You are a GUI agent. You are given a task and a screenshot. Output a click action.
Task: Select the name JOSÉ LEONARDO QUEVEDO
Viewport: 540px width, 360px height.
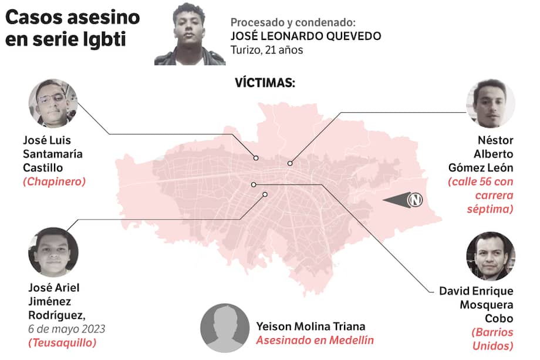point(306,36)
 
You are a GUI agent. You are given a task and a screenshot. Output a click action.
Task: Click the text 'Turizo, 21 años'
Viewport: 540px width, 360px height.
point(266,50)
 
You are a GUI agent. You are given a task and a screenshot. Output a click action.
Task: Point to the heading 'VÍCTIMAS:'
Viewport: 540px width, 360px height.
point(265,83)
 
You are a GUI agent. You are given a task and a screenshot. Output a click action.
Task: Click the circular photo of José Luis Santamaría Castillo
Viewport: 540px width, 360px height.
point(53,103)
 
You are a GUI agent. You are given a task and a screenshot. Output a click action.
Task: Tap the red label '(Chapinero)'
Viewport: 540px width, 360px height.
point(54,181)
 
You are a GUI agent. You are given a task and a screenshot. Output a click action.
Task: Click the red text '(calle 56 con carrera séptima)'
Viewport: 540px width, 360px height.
point(480,196)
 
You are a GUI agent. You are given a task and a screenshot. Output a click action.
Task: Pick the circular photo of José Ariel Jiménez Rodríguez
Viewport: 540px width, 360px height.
point(53,253)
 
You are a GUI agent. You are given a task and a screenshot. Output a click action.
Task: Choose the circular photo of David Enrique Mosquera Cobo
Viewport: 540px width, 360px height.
point(490,256)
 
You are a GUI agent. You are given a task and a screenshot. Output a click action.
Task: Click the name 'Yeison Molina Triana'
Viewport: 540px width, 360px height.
point(310,326)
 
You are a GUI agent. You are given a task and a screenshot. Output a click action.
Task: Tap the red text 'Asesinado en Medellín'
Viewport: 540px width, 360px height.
point(314,340)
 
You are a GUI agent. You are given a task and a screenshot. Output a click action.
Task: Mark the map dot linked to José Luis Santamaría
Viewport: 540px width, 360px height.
point(256,158)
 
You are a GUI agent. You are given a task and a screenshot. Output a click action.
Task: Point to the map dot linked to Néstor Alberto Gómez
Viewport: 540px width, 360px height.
point(289,163)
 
